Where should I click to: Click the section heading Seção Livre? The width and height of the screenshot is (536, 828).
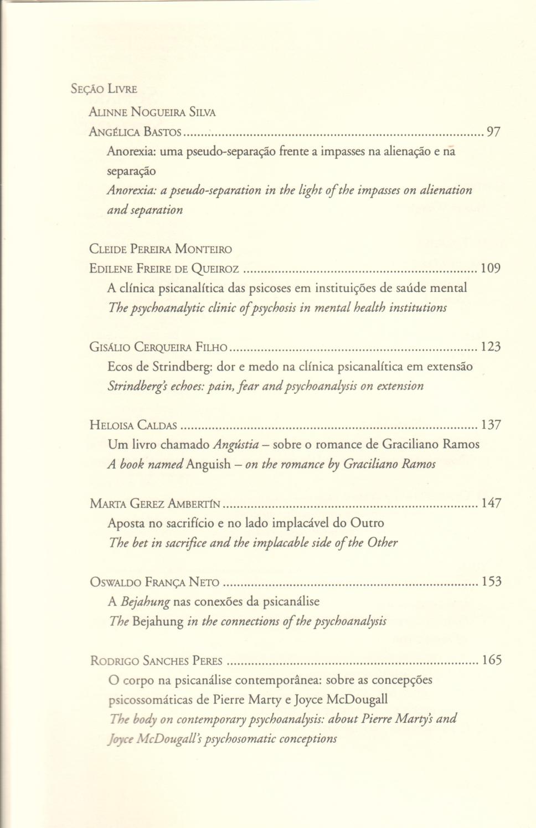[x=104, y=89]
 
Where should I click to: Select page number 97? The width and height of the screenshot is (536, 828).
[x=493, y=132]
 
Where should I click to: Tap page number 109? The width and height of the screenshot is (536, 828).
[x=491, y=269]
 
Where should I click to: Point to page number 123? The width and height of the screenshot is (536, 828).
[x=491, y=347]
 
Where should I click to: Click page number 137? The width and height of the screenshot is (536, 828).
[x=491, y=425]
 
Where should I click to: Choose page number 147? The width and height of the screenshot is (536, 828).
[x=491, y=503]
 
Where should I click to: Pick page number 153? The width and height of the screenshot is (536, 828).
[x=491, y=582]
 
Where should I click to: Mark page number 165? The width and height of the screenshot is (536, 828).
[x=491, y=660]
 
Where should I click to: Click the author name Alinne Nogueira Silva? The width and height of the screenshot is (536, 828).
[x=152, y=112]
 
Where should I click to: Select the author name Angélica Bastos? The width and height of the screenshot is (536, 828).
[x=135, y=132]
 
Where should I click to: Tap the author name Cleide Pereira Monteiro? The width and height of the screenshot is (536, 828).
[x=161, y=249]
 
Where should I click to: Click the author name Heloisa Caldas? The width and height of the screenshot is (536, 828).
[x=133, y=425]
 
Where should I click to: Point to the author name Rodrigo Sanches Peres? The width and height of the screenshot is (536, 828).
[x=156, y=660]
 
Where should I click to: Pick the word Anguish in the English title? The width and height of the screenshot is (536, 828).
[x=208, y=464]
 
